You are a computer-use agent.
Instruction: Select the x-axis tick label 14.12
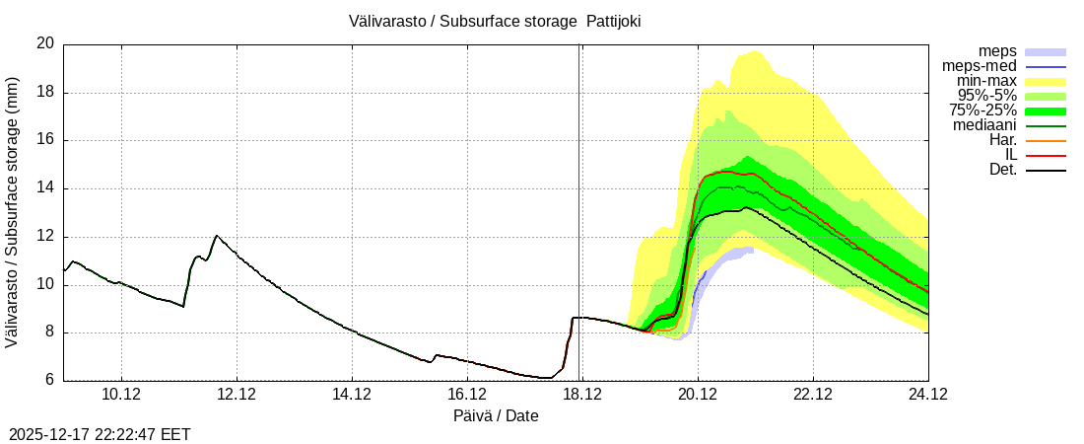[352, 394]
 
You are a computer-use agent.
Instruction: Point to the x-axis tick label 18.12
[582, 394]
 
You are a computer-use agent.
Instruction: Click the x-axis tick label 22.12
[813, 394]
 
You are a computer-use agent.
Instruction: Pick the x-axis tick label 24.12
[927, 394]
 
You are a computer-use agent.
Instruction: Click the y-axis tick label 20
[45, 43]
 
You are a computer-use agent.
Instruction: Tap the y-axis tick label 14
[45, 188]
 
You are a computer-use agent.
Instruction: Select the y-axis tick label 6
[49, 381]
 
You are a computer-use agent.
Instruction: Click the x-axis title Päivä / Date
[496, 416]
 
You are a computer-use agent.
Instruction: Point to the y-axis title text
[14, 211]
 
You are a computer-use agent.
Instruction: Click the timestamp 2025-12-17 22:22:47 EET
[100, 434]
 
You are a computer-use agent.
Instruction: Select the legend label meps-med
[980, 66]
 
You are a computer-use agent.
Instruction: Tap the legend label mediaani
[984, 125]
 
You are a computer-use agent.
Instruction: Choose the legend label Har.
[1001, 140]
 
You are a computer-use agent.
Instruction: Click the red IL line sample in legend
[1046, 155]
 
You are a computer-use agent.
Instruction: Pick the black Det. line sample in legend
[1046, 170]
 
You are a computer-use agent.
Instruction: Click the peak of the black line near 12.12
[217, 236]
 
